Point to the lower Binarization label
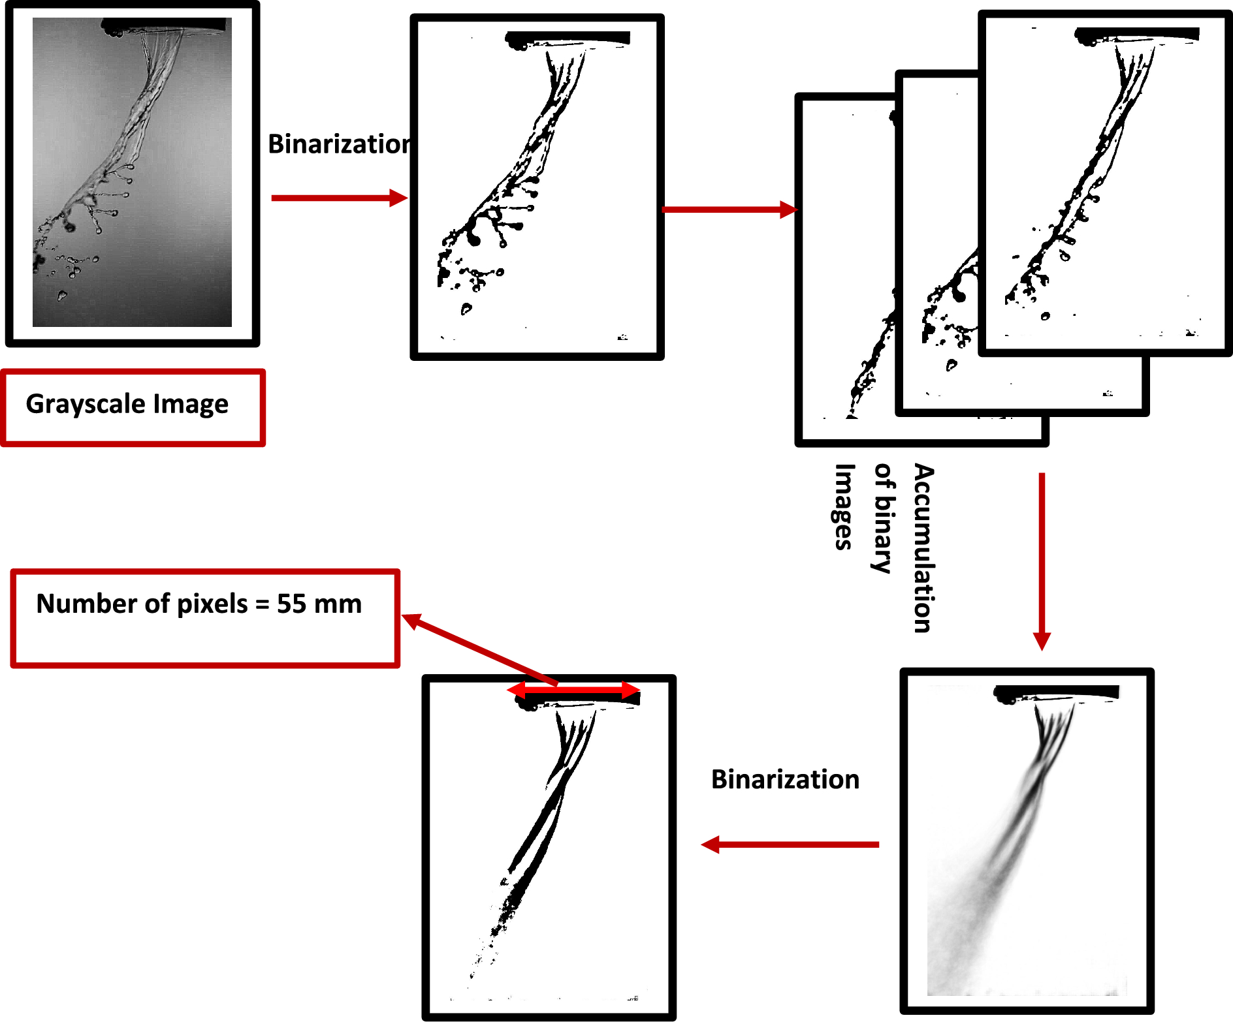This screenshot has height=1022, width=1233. [x=785, y=779]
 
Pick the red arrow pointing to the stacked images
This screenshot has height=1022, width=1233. [x=729, y=209]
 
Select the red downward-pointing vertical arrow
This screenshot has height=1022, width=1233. [x=1042, y=561]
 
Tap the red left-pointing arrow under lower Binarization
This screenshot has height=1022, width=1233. [x=790, y=844]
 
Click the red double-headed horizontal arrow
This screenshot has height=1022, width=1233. [x=574, y=690]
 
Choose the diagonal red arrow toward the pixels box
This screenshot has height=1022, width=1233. [x=480, y=650]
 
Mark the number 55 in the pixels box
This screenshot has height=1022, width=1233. [x=291, y=604]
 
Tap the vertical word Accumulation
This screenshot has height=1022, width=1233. [x=923, y=548]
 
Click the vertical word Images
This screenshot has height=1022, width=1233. [x=844, y=507]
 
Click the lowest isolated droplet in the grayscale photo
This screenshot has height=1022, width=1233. [x=62, y=296]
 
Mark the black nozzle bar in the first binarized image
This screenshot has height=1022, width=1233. [x=568, y=38]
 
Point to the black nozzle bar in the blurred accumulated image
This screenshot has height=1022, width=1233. [x=1058, y=692]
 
